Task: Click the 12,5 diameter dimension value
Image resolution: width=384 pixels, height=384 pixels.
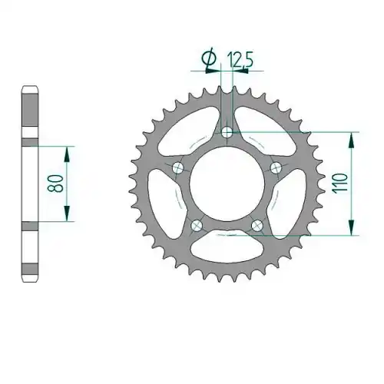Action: click(240, 59)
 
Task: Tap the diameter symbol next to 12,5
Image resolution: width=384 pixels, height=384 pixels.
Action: click(209, 58)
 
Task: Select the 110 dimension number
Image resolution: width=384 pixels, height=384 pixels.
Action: click(339, 184)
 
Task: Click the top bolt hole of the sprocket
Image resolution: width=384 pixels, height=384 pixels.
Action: click(227, 132)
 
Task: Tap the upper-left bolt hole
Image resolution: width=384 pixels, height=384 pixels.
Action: click(178, 168)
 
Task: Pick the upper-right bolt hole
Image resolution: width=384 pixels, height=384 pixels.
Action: click(276, 168)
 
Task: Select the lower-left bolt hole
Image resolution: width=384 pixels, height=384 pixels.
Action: click(197, 225)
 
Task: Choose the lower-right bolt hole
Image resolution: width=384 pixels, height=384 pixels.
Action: click(257, 225)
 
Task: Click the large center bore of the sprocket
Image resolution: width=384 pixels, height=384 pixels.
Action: click(227, 184)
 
